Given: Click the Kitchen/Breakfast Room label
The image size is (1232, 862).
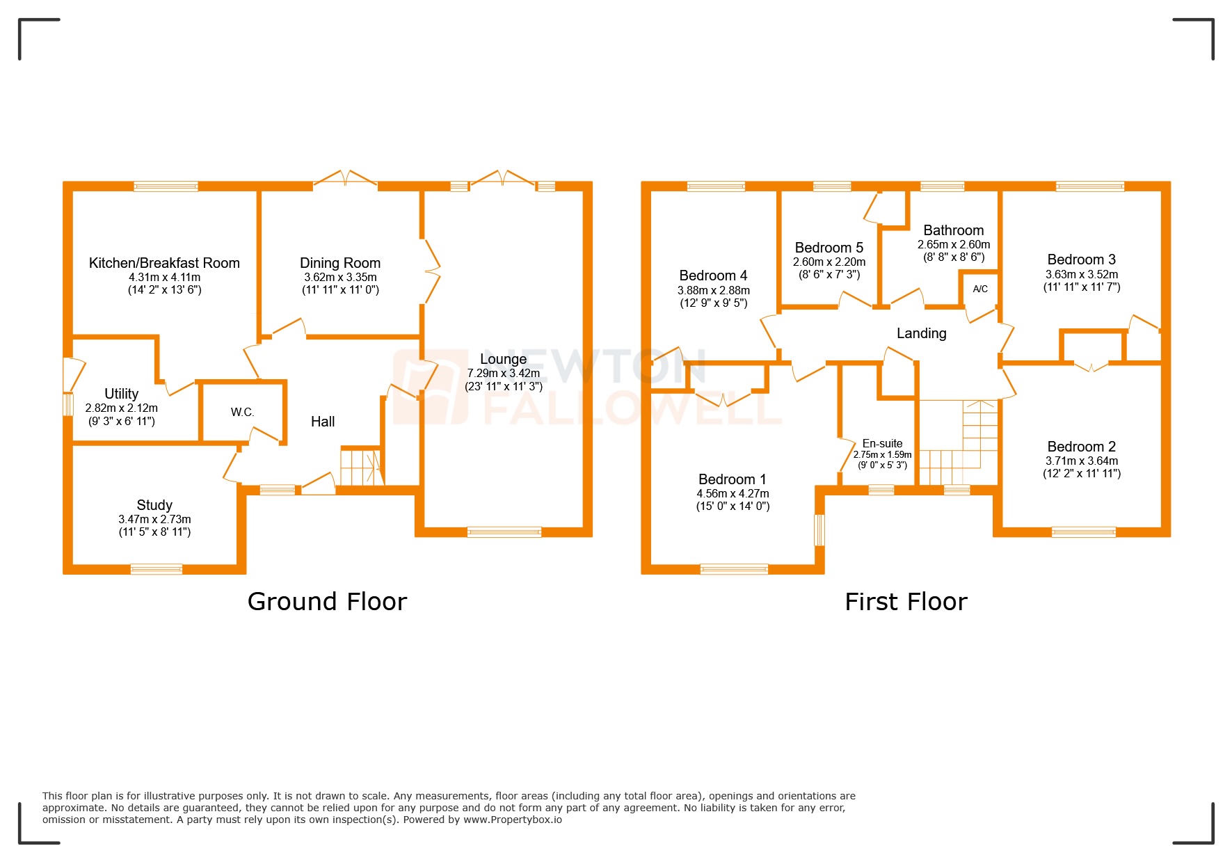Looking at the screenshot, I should (164, 263).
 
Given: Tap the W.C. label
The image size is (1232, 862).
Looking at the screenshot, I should (242, 412).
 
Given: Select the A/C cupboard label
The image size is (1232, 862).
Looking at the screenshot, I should (979, 289).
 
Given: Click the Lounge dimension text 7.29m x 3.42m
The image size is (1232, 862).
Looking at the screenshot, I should (503, 374).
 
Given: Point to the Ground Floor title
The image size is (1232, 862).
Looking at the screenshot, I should (327, 601).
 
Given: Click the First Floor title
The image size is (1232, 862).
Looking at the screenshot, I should (906, 601).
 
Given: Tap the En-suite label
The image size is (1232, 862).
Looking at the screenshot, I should (882, 443).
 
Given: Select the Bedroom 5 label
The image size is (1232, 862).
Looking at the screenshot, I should (829, 248).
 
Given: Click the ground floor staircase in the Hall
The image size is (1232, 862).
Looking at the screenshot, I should (360, 468).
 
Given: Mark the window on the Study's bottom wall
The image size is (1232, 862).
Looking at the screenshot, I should (157, 569).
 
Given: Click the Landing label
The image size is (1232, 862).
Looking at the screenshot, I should (921, 333).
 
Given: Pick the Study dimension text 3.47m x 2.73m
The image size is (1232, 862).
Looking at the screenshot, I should (154, 519).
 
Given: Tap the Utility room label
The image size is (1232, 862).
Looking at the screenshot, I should (121, 394).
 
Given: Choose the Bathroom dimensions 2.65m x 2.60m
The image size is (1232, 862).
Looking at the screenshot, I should (953, 244).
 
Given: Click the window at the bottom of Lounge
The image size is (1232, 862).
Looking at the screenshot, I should (504, 532).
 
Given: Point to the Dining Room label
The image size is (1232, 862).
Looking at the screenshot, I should (339, 263).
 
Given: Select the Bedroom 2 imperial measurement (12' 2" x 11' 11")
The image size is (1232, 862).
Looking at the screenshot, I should (1081, 473).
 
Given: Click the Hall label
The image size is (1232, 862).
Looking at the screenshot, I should (322, 422).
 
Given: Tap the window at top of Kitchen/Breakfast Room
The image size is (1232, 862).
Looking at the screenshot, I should (166, 186).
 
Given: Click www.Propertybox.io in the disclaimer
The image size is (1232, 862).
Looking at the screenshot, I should (512, 820).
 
